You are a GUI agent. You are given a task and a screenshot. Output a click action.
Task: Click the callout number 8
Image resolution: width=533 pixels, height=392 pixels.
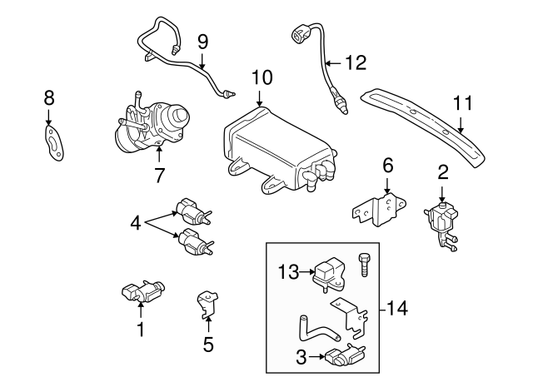pos(48,100)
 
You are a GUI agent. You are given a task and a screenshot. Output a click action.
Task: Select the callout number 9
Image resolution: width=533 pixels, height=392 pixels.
pos(202,41)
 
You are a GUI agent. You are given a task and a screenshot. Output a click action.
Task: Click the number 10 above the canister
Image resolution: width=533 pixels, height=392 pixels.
pos(262,77)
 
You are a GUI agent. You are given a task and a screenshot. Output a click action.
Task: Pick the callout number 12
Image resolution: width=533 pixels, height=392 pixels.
pos(356,62)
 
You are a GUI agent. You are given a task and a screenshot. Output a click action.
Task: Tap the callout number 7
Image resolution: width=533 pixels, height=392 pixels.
pos(159,175)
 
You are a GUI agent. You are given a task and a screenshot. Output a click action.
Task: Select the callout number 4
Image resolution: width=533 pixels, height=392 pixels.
pos(136,223)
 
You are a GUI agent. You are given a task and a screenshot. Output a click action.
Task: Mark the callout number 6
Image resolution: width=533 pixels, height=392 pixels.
pos(387,166)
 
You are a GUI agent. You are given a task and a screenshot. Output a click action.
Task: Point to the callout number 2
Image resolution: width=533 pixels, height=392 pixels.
pos(443,172)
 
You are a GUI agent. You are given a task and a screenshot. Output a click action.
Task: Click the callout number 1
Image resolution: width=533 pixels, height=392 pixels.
pos(140,330)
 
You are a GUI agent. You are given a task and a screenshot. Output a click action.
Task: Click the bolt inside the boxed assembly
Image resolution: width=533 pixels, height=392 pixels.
pos(363,264)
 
